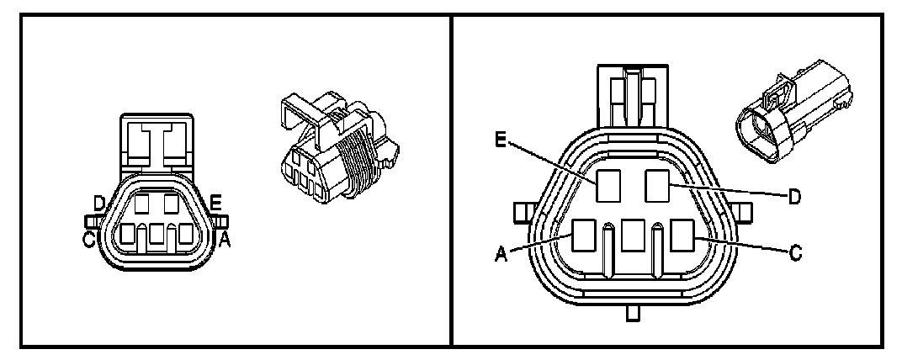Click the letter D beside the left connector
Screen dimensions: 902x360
click(x=99, y=204)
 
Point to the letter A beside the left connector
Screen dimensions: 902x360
click(x=225, y=241)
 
